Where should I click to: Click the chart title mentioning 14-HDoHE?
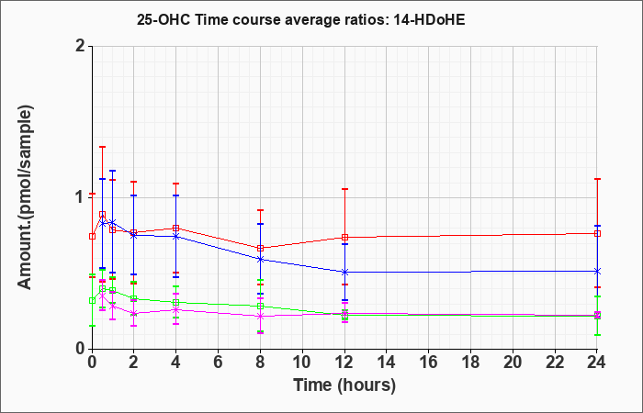tap(301, 20)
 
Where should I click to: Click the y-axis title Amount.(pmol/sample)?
tap(25, 197)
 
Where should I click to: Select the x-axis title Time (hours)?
tap(344, 385)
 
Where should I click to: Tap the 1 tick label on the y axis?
tap(82, 197)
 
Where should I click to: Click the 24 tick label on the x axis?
tap(597, 363)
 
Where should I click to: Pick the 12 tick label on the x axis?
tap(344, 363)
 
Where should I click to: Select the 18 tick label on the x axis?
tap(470, 363)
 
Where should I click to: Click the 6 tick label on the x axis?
tap(218, 363)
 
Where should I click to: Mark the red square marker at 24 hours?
tap(597, 233)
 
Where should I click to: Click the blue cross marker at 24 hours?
tap(597, 272)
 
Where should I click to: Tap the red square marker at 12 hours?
tap(344, 237)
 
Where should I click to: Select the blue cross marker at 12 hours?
tap(344, 272)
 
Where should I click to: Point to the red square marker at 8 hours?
tap(260, 249)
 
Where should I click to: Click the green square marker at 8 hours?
tap(260, 307)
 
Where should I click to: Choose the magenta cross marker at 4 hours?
tap(176, 310)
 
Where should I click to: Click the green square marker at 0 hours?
tap(92, 301)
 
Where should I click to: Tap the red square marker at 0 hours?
tap(92, 236)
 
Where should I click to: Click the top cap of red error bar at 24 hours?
tap(597, 179)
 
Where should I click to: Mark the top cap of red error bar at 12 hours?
tap(344, 189)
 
